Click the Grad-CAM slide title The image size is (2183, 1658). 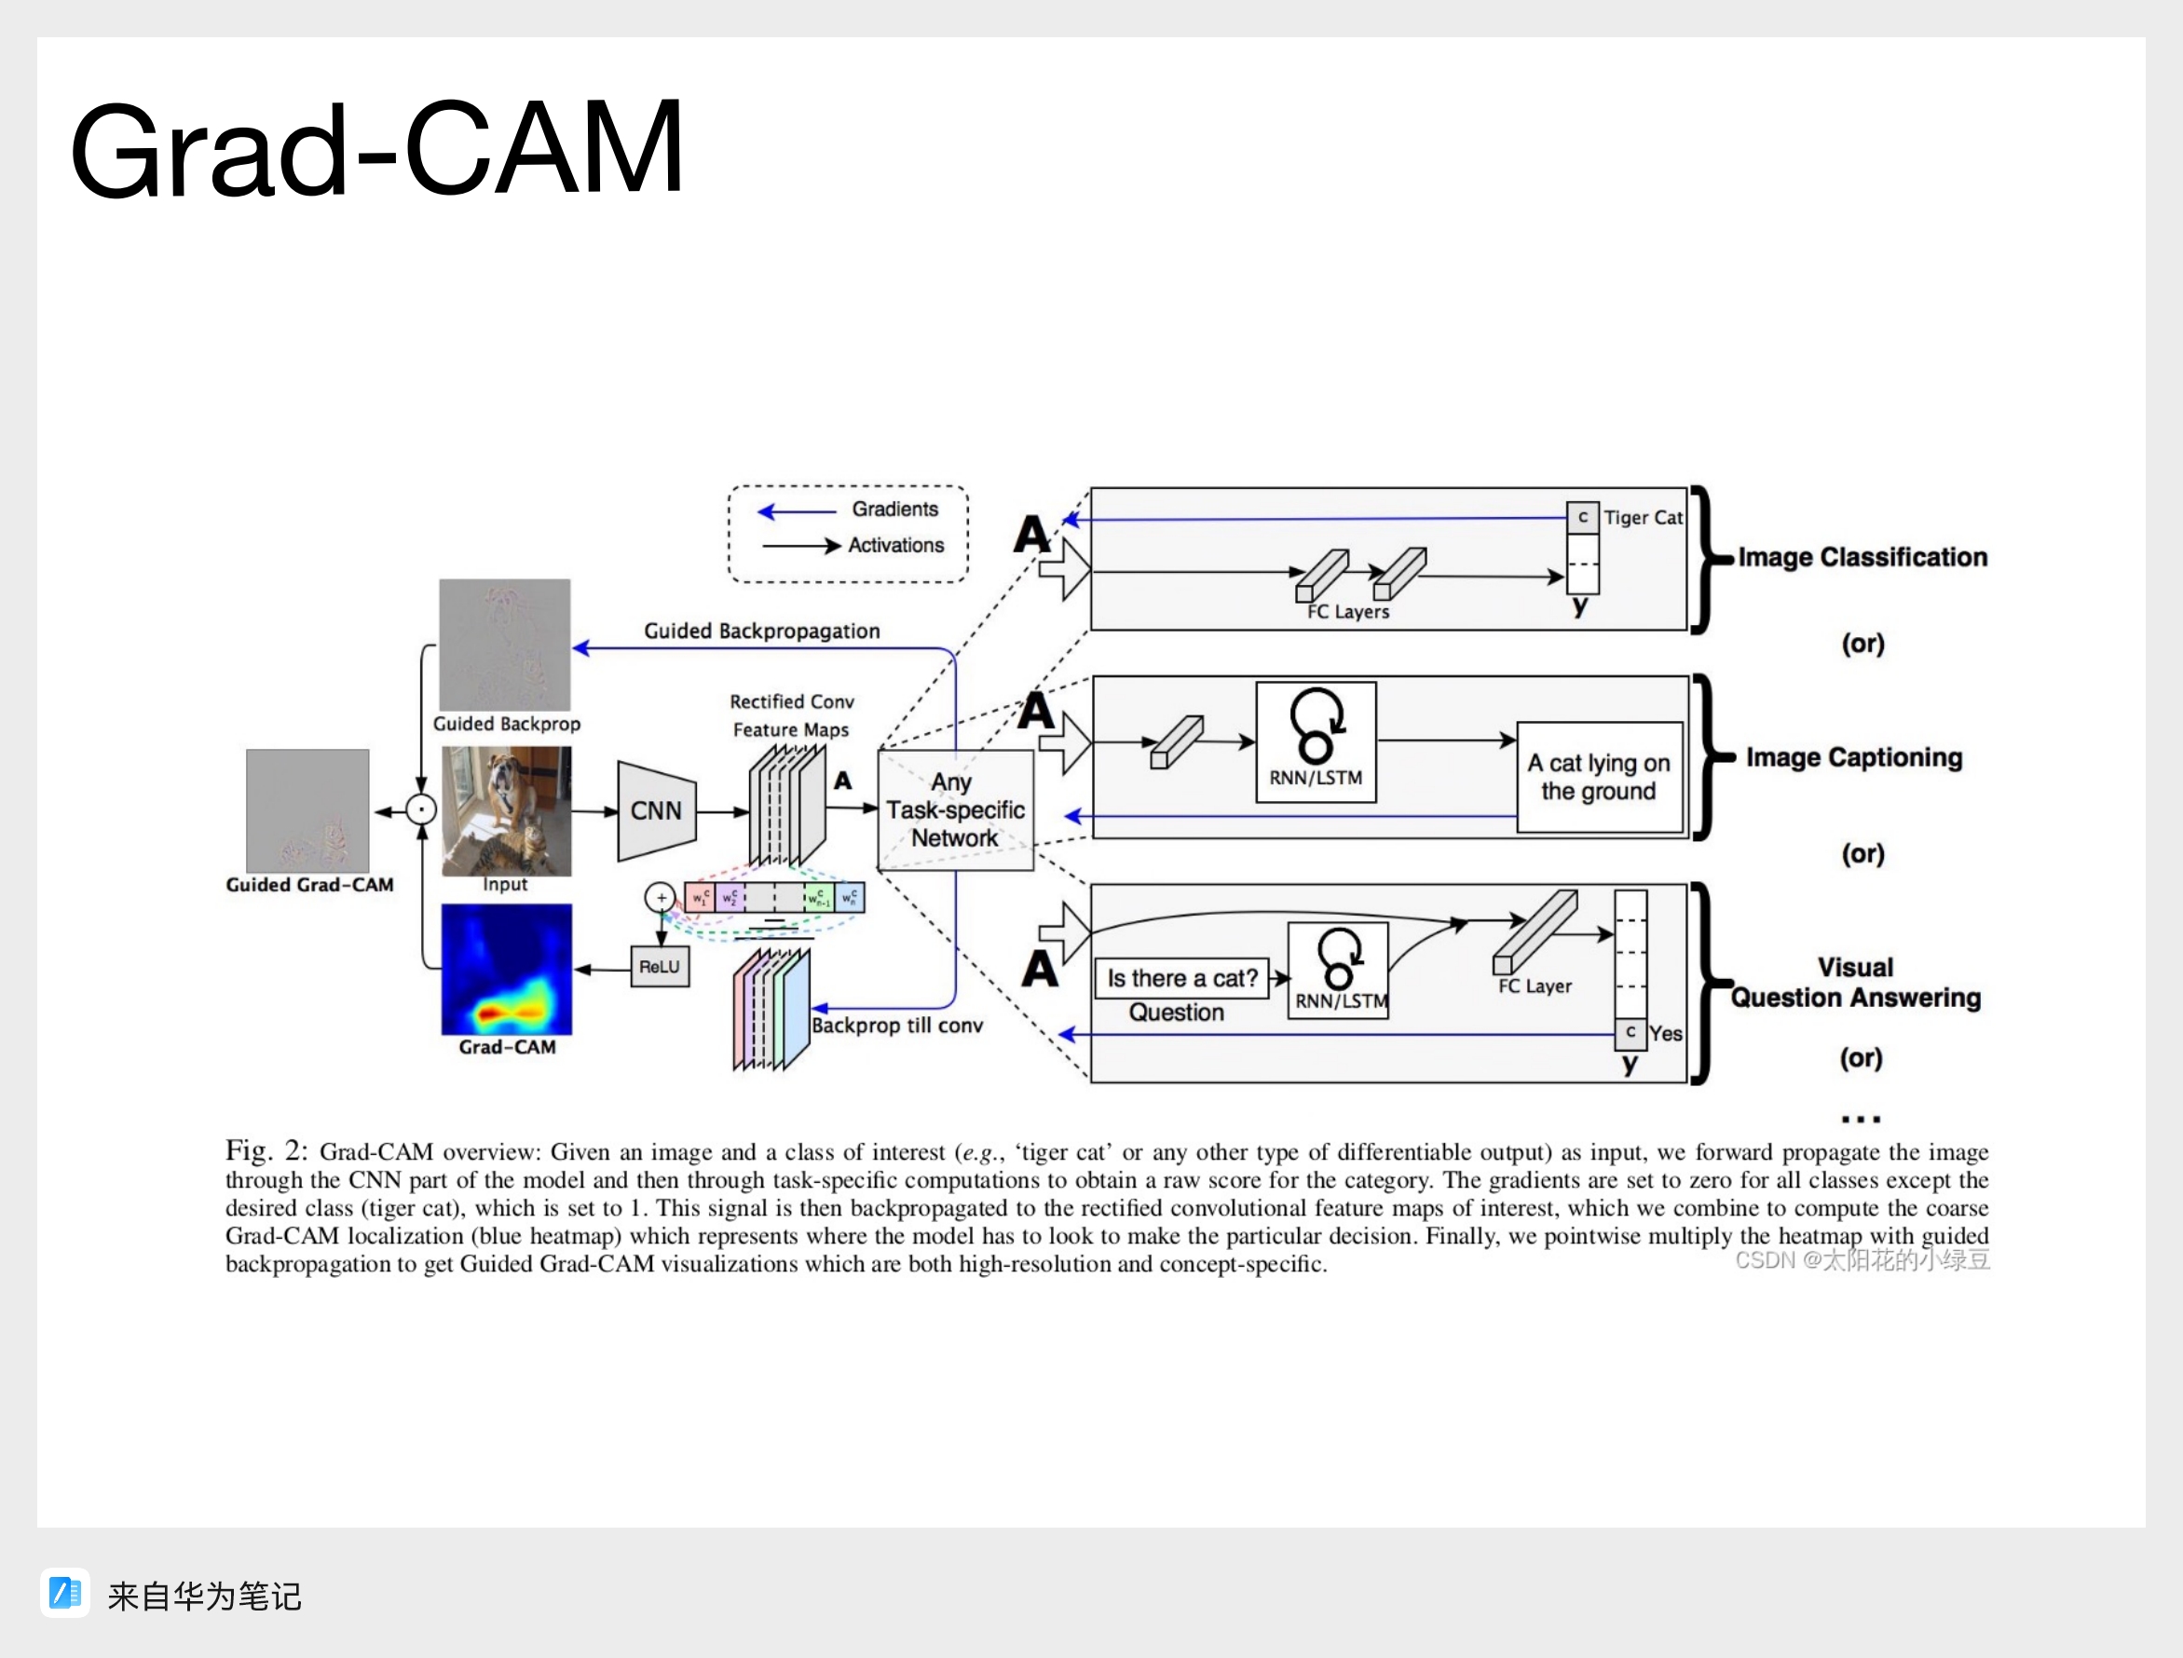pyautogui.click(x=377, y=150)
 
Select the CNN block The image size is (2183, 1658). pyautogui.click(x=656, y=810)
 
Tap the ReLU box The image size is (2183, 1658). pyautogui.click(x=661, y=966)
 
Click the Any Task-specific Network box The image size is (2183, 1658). pyautogui.click(x=955, y=810)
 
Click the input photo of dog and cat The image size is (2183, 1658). pyautogui.click(x=506, y=810)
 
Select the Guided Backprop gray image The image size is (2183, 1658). pyautogui.click(x=504, y=644)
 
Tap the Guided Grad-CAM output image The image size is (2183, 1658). pyautogui.click(x=307, y=810)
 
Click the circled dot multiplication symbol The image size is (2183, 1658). pyautogui.click(x=421, y=810)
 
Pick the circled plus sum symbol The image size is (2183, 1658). pyautogui.click(x=661, y=897)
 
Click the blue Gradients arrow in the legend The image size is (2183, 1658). pyautogui.click(x=797, y=511)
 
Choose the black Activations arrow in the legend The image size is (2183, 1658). pyautogui.click(x=800, y=545)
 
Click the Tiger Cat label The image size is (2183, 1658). pyautogui.click(x=1643, y=517)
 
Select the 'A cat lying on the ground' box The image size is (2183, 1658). pyautogui.click(x=1599, y=777)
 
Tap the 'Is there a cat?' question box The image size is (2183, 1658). pyautogui.click(x=1181, y=978)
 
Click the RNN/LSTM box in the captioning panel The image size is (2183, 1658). pyautogui.click(x=1316, y=741)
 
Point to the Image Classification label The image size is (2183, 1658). pyautogui.click(x=1862, y=558)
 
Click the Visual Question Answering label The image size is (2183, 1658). pyautogui.click(x=1855, y=982)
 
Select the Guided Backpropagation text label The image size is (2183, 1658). pyautogui.click(x=762, y=631)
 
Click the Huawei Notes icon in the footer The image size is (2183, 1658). pyautogui.click(x=65, y=1593)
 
